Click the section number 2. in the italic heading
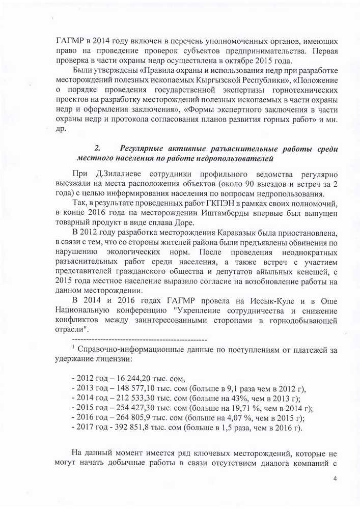(x=98, y=149)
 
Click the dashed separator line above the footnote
(x=140, y=339)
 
